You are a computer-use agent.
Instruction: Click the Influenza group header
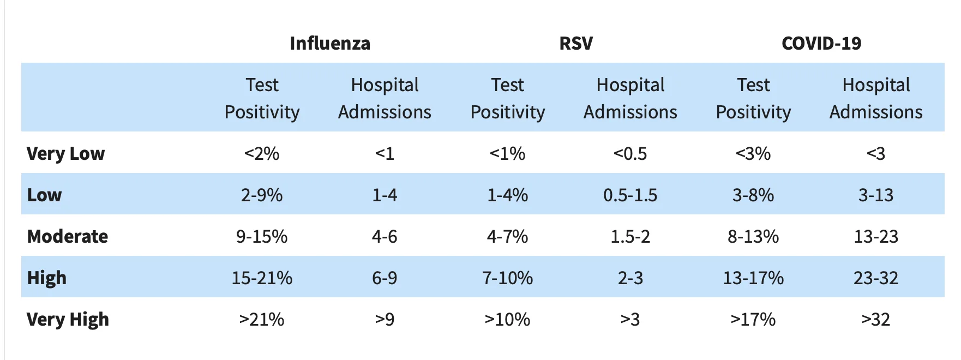click(x=330, y=43)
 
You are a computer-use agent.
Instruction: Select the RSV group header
click(x=576, y=43)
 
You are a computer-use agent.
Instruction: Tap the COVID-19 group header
click(x=821, y=43)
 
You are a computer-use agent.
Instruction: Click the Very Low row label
click(x=65, y=153)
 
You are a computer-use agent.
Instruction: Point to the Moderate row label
click(x=68, y=236)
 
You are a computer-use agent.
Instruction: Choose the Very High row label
click(x=68, y=319)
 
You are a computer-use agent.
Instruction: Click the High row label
click(x=47, y=278)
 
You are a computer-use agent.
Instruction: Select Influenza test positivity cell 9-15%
click(x=262, y=236)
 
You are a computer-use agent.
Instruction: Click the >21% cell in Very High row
click(x=262, y=319)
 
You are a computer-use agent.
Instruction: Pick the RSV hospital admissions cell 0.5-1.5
click(x=630, y=195)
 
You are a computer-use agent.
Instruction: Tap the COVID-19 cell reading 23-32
click(x=876, y=278)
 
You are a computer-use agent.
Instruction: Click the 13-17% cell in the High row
click(x=753, y=278)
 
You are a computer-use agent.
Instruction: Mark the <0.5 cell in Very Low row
click(x=630, y=153)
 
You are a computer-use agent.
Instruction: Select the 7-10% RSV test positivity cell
click(x=507, y=278)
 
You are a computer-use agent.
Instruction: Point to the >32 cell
click(x=876, y=319)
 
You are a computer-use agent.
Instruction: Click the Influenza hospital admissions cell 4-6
click(x=385, y=236)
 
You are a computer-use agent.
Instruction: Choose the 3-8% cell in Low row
click(x=753, y=195)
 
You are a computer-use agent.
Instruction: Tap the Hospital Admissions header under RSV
click(x=630, y=98)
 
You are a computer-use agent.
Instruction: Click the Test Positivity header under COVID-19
click(x=753, y=98)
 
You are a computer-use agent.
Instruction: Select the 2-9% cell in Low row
click(x=262, y=195)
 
